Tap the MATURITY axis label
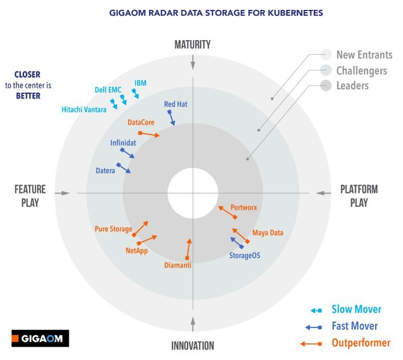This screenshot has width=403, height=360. (x=192, y=45)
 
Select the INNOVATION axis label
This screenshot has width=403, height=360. (x=192, y=345)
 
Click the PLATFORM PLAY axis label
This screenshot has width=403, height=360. (x=359, y=196)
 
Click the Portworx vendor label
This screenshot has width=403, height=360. (x=243, y=207)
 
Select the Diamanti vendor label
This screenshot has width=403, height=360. (x=178, y=266)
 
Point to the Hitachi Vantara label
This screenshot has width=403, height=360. (x=84, y=109)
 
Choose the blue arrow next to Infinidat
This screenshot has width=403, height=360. (x=128, y=153)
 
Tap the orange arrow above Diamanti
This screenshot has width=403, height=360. (x=188, y=249)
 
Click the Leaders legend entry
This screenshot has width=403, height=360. (x=353, y=86)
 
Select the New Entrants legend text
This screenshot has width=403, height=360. (x=364, y=55)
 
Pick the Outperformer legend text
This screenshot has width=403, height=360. (x=360, y=343)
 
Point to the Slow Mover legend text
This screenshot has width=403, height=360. (x=356, y=309)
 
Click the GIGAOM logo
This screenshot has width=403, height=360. (x=40, y=338)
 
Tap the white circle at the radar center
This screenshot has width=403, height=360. (x=193, y=192)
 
